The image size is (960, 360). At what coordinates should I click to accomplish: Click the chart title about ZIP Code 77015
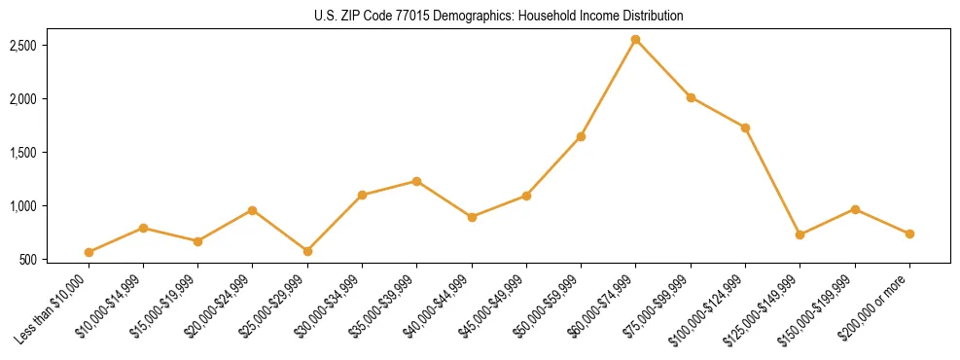(x=499, y=17)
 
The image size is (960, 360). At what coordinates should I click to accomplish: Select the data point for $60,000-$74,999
(x=635, y=40)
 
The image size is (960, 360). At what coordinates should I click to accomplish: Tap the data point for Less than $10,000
(x=89, y=252)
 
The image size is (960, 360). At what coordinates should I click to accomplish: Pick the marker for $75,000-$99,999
(x=691, y=97)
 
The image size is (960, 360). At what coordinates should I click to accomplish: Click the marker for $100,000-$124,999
(x=745, y=127)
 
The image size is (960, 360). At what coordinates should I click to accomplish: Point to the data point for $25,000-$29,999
(x=307, y=251)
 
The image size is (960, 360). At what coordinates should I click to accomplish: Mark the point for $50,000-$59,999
(x=581, y=136)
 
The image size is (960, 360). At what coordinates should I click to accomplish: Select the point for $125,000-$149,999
(x=800, y=234)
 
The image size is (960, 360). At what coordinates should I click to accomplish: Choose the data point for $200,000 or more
(x=909, y=234)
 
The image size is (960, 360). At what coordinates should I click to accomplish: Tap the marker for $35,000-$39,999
(x=416, y=181)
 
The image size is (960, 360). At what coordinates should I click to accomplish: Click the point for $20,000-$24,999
(x=252, y=210)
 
